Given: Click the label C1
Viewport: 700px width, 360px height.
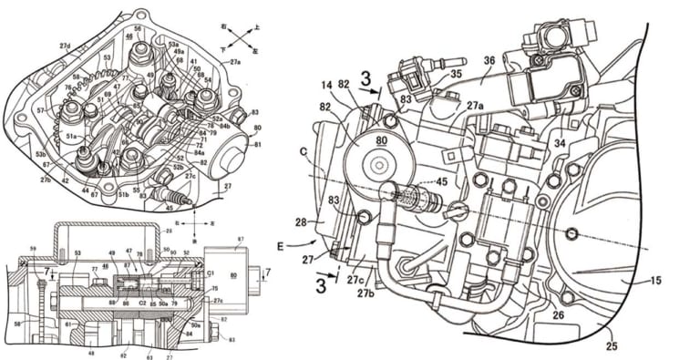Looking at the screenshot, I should (211, 271).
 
